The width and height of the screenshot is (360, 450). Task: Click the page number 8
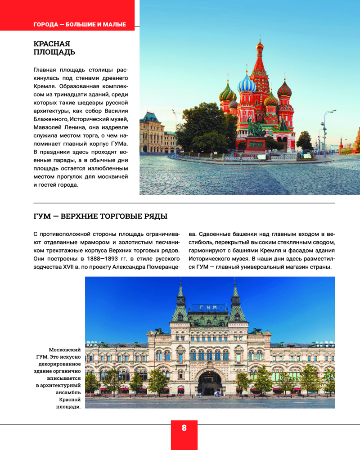(x=184, y=428)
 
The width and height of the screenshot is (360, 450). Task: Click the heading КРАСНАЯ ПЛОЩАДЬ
(x=54, y=48)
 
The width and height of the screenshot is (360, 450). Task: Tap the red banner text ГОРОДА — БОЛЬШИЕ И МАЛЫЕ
(x=79, y=24)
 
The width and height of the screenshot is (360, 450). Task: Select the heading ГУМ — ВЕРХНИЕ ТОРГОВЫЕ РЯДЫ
(x=100, y=216)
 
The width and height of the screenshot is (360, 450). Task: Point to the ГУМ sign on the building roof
(x=208, y=307)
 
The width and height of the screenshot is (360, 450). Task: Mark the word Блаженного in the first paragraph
(x=51, y=119)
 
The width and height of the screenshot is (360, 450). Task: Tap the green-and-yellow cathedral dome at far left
(x=227, y=94)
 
